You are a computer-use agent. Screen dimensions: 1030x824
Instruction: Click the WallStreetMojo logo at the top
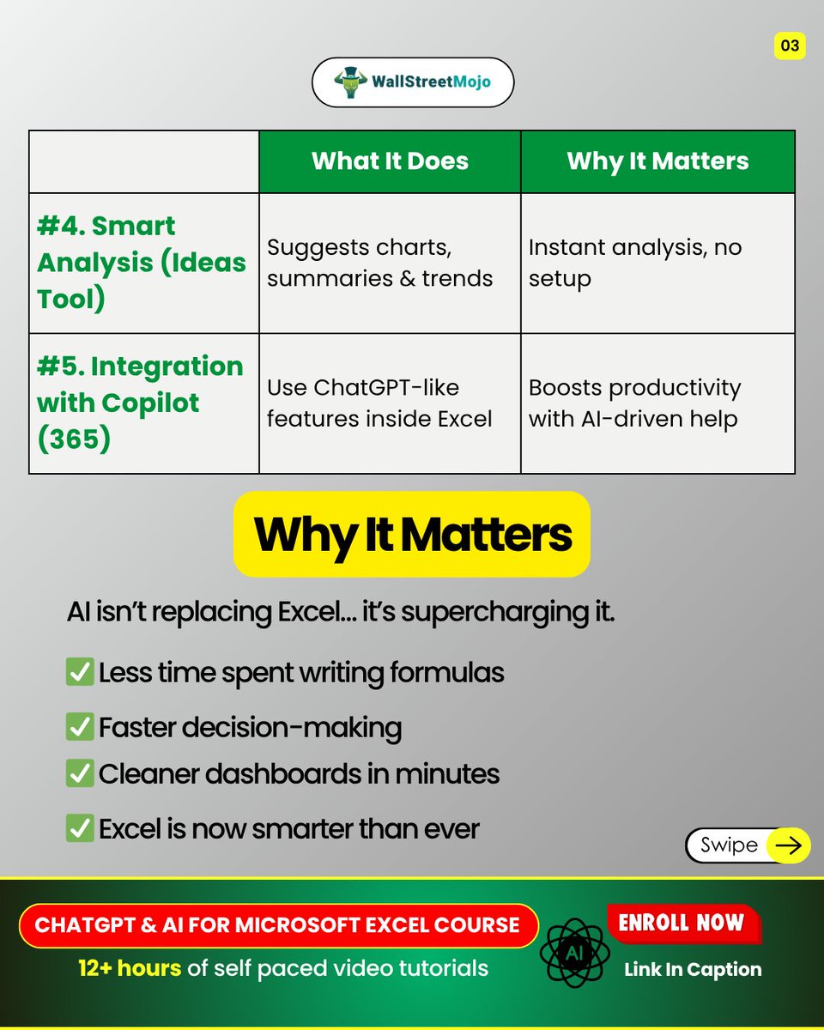pos(412,82)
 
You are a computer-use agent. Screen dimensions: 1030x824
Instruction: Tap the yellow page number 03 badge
pos(789,45)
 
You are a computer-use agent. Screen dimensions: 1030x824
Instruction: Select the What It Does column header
pos(390,161)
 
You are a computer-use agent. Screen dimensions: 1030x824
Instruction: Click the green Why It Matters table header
pos(657,161)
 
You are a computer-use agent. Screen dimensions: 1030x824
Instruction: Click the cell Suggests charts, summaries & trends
pos(380,263)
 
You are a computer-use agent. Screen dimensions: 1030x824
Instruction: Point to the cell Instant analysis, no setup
pos(635,263)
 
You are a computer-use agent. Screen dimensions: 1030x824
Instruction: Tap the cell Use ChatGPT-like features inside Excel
pos(380,403)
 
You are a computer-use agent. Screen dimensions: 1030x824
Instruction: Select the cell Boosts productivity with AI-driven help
pos(635,403)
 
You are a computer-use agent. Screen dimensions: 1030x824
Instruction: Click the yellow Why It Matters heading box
pos(412,534)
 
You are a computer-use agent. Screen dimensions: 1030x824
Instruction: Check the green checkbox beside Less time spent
pos(80,672)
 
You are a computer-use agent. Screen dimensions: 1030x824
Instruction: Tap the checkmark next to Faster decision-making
pos(80,727)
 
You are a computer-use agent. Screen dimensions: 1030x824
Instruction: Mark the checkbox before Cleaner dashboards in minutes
pos(80,773)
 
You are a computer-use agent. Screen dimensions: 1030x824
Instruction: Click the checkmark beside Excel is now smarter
pos(80,828)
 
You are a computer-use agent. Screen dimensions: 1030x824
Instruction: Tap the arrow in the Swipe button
pos(787,845)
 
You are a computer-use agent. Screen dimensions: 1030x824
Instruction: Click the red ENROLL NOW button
pos(682,924)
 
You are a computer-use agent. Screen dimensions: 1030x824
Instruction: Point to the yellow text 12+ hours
pos(130,968)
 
